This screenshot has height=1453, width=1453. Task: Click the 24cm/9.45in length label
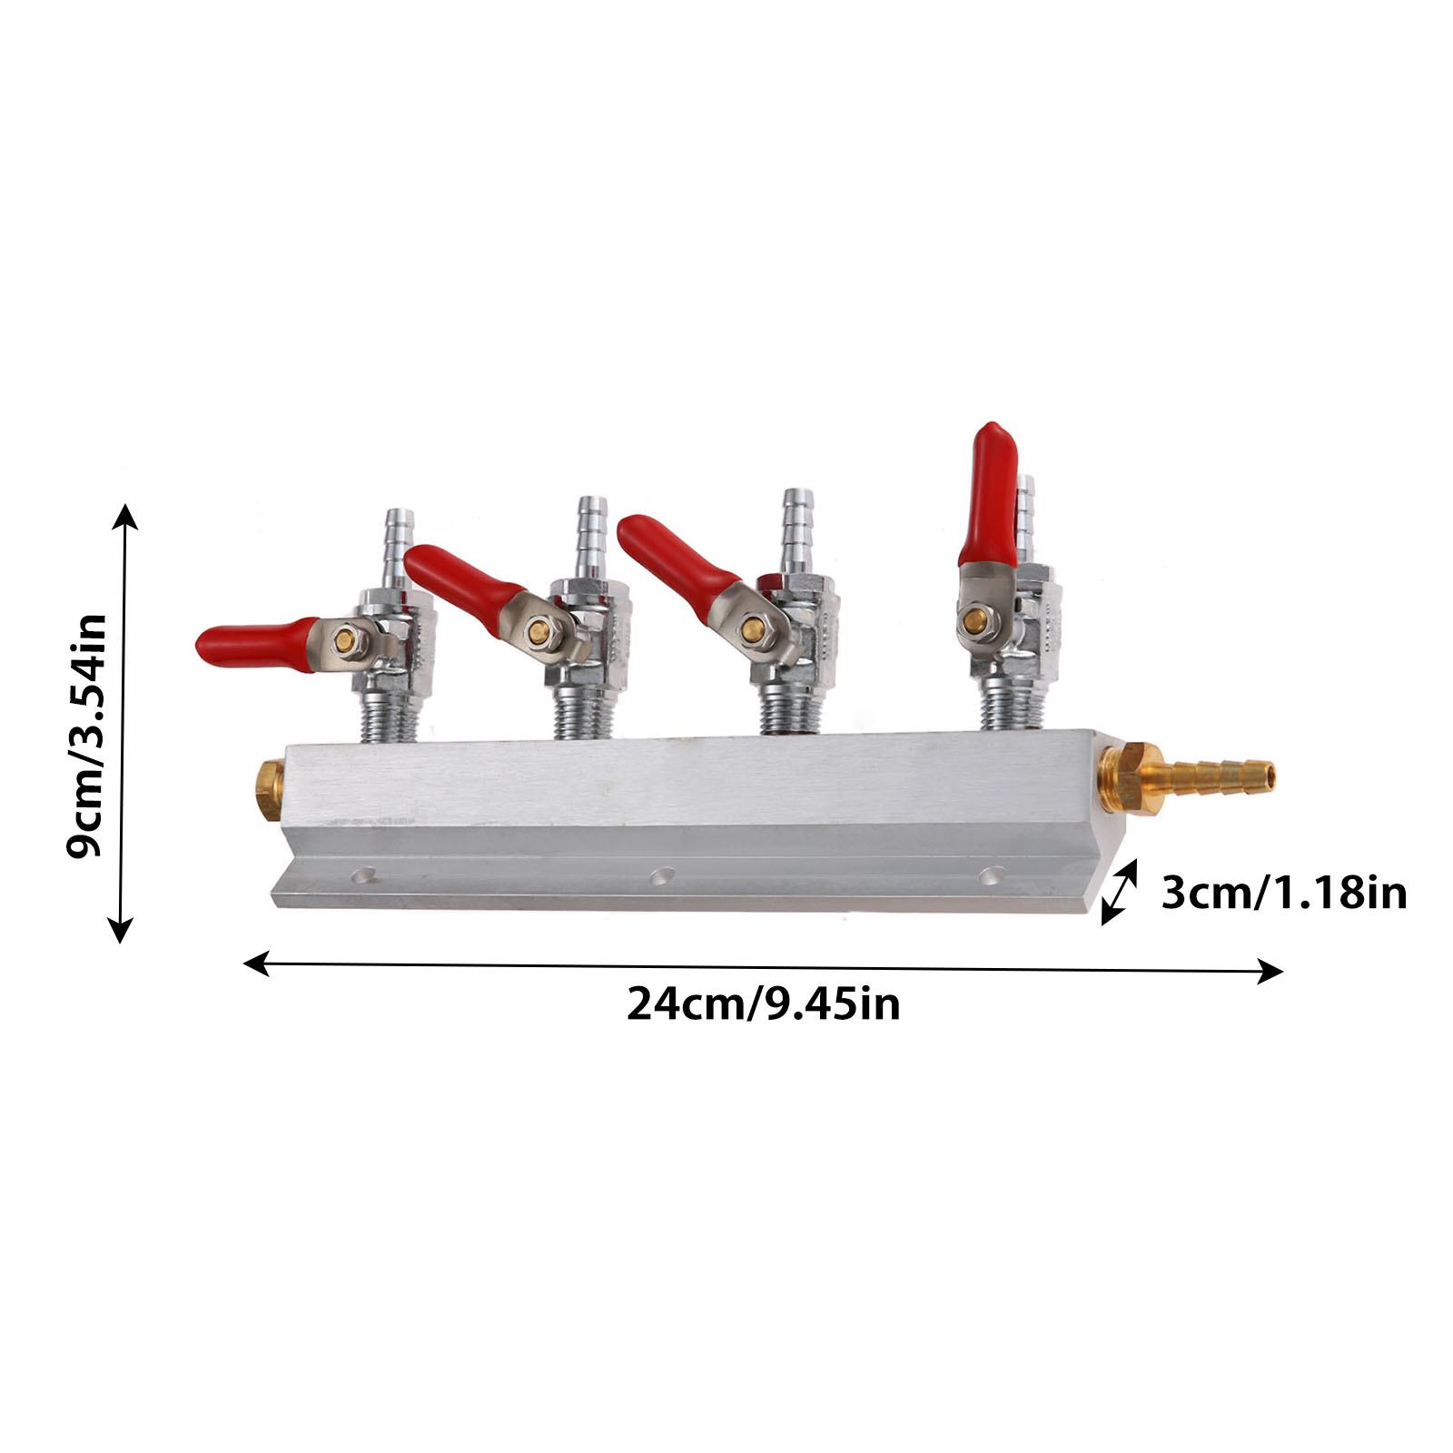tap(764, 1004)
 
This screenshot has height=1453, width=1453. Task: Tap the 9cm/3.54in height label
tap(87, 736)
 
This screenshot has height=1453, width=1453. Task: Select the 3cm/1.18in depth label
tap(1284, 894)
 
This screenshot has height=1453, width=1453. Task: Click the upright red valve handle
tap(989, 494)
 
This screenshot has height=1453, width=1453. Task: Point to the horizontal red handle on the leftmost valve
tap(257, 644)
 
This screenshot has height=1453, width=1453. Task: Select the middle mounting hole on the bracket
tap(661, 876)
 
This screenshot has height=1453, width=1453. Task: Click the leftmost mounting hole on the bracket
tap(363, 876)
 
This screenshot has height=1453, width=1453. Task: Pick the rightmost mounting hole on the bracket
tap(992, 876)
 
